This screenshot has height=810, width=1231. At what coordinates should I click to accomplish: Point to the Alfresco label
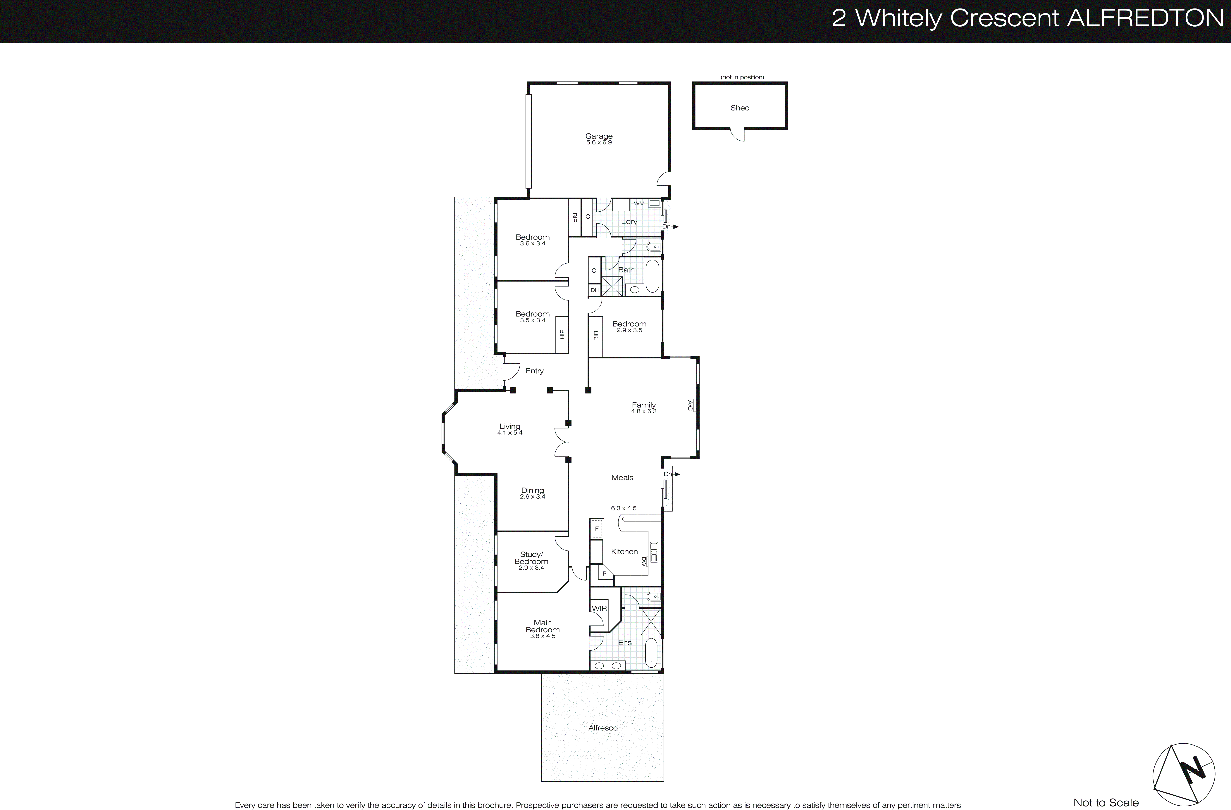pyautogui.click(x=602, y=728)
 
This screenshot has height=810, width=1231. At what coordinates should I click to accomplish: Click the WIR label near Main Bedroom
pyautogui.click(x=599, y=608)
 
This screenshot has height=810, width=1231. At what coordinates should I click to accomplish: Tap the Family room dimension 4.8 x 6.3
pyautogui.click(x=643, y=412)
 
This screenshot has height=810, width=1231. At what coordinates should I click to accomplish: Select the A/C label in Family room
pyautogui.click(x=690, y=405)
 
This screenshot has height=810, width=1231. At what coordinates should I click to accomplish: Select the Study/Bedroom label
pyautogui.click(x=531, y=558)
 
